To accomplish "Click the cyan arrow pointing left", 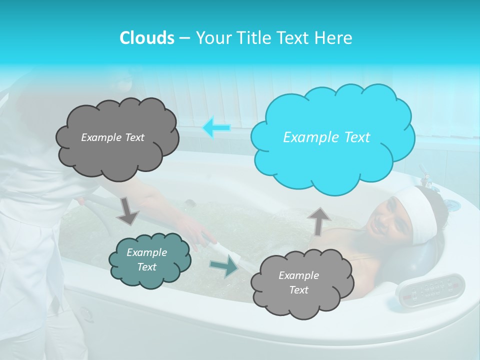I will pyautogui.click(x=216, y=128).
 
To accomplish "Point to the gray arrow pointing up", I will pyautogui.click(x=319, y=220).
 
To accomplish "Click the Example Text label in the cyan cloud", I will pyautogui.click(x=326, y=137).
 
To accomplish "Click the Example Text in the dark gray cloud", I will pyautogui.click(x=112, y=137).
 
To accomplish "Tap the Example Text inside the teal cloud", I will pyautogui.click(x=146, y=259).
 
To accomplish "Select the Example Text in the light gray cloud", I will pyautogui.click(x=298, y=282).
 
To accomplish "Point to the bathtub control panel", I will pyautogui.click(x=430, y=289).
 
